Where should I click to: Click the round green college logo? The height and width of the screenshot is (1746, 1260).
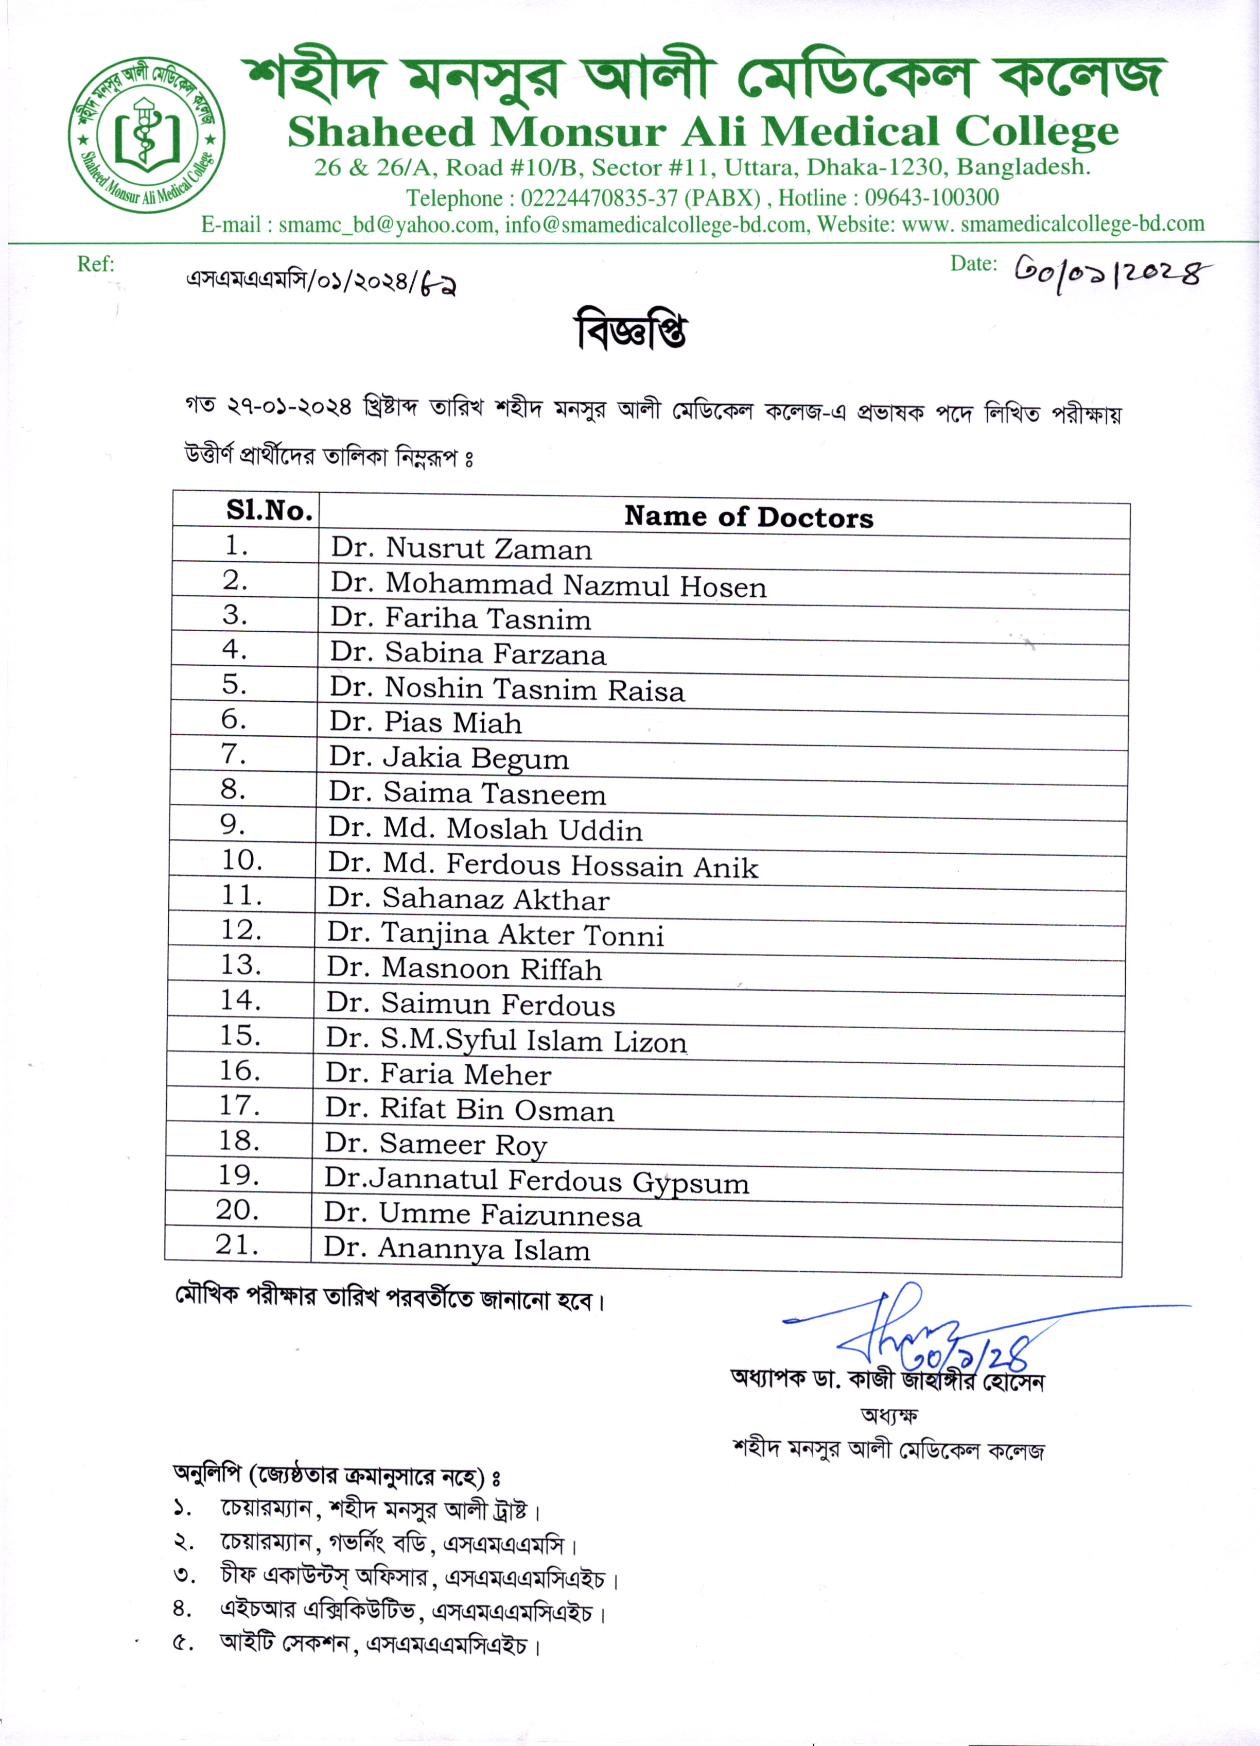pos(146,135)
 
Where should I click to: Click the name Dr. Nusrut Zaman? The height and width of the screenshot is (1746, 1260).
pos(461,549)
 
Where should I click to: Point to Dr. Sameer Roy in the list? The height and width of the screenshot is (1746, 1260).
pos(435,1144)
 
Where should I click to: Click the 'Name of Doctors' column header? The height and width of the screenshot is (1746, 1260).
pos(748,516)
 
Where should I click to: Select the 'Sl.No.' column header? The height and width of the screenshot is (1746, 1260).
pos(269,510)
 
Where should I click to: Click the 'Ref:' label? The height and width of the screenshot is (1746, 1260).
pos(95,264)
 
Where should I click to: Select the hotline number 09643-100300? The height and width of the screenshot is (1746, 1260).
pos(931,198)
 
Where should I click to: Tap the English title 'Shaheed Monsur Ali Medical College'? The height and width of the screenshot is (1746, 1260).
pos(703,132)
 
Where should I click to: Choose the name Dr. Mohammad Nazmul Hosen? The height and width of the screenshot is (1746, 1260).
pos(548,585)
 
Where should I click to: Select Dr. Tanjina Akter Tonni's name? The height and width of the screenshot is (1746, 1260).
pos(495,934)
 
